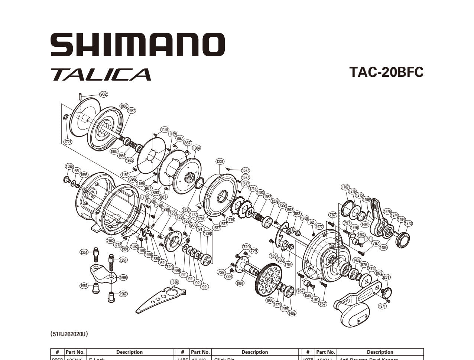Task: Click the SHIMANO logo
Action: point(137,45)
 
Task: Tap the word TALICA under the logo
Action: point(101,74)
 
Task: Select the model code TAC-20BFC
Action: point(386,72)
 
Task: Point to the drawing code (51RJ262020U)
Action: point(69,334)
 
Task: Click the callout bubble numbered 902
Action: point(103,94)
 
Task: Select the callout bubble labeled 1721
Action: point(68,141)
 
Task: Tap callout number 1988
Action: point(124,106)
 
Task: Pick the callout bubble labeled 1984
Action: point(196,148)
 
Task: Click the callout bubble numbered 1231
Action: point(220,161)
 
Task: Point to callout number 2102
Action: point(110,240)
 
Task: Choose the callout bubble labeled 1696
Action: point(123,277)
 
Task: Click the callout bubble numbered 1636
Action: point(174,282)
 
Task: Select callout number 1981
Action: point(240,283)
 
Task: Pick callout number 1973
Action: point(408,223)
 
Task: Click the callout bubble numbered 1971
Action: point(382,306)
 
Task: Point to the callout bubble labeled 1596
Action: point(69,166)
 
